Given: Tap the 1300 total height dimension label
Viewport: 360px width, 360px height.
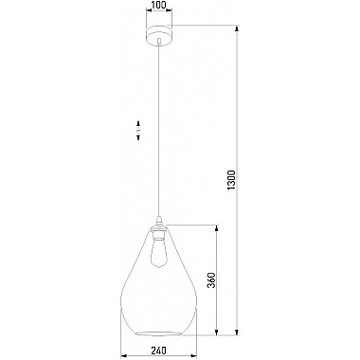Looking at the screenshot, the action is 232,181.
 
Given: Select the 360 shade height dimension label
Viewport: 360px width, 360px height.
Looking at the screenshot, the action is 211,280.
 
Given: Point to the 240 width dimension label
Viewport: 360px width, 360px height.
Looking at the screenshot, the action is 159,351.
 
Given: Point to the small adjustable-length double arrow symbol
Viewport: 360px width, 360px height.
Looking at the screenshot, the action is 138,130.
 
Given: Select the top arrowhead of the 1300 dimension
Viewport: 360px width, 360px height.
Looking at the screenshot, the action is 237,29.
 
